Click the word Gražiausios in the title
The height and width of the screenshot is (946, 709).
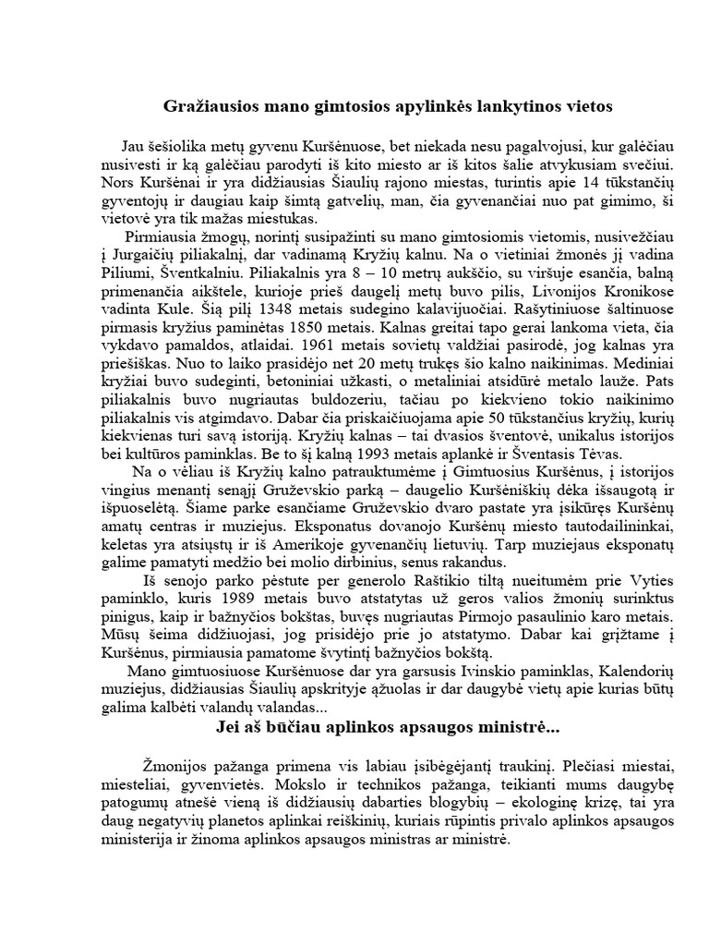coord(207,106)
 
